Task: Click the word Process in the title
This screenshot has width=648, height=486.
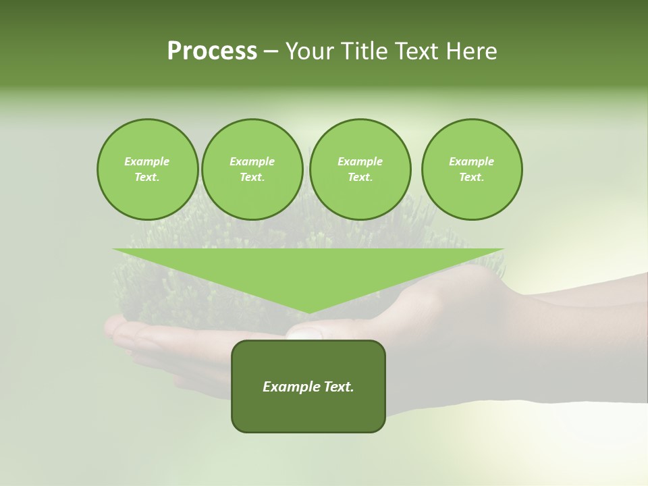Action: pos(212,51)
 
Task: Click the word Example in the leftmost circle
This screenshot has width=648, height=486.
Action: pos(147,161)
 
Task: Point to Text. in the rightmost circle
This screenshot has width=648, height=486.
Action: pos(472,177)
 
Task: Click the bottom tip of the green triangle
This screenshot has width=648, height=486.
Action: pos(308,312)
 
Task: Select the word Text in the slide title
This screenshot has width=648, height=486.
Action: pos(420,51)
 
